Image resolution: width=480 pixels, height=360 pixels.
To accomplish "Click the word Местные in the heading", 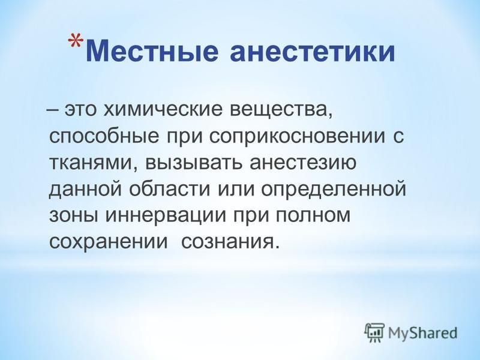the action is tap(152, 51).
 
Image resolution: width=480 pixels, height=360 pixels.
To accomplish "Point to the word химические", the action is tap(163, 109).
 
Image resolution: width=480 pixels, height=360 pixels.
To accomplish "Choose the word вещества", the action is tap(281, 110).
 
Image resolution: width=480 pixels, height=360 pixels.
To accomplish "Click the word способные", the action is tap(104, 137).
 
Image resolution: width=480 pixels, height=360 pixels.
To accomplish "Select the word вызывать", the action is tap(194, 162).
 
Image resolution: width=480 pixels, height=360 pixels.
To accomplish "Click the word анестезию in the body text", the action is tap(303, 162).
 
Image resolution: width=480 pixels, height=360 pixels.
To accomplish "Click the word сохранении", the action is tap(109, 242).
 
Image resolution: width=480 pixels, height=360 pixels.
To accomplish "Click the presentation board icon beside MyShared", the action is tap(374, 332).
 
